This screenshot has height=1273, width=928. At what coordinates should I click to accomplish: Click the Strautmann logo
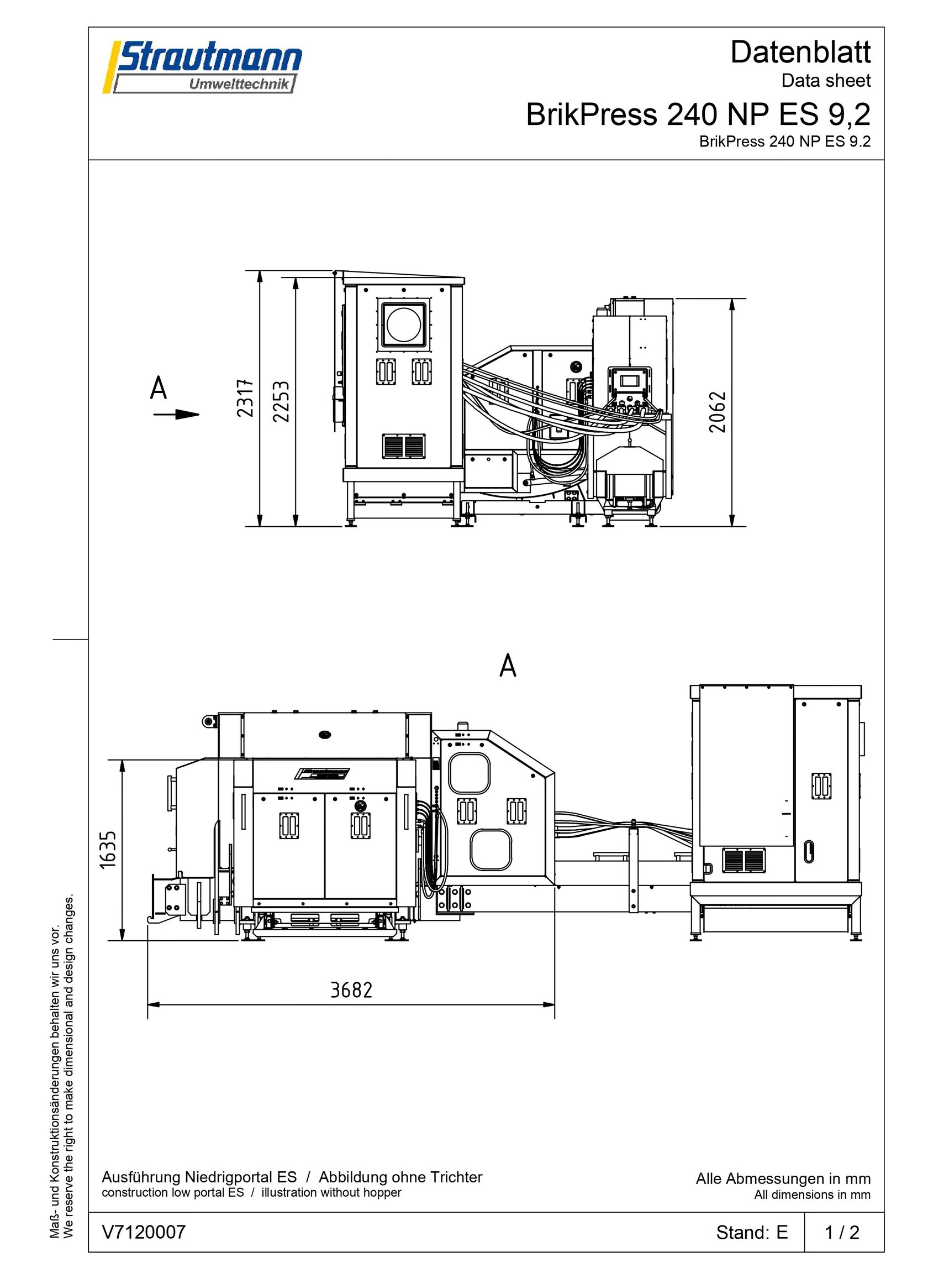[202, 67]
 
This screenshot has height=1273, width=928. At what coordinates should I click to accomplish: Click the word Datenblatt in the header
[800, 53]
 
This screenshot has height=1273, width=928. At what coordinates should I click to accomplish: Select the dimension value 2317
[245, 399]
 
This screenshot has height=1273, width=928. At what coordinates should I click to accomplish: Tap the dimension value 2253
[281, 401]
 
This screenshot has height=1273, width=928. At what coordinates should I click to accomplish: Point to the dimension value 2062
[718, 412]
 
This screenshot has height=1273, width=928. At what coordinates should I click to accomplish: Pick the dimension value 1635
[107, 849]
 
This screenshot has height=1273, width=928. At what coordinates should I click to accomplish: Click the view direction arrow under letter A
[176, 414]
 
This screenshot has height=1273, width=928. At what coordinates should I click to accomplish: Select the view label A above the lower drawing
[508, 666]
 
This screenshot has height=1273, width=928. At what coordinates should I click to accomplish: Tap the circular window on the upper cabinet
[404, 325]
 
